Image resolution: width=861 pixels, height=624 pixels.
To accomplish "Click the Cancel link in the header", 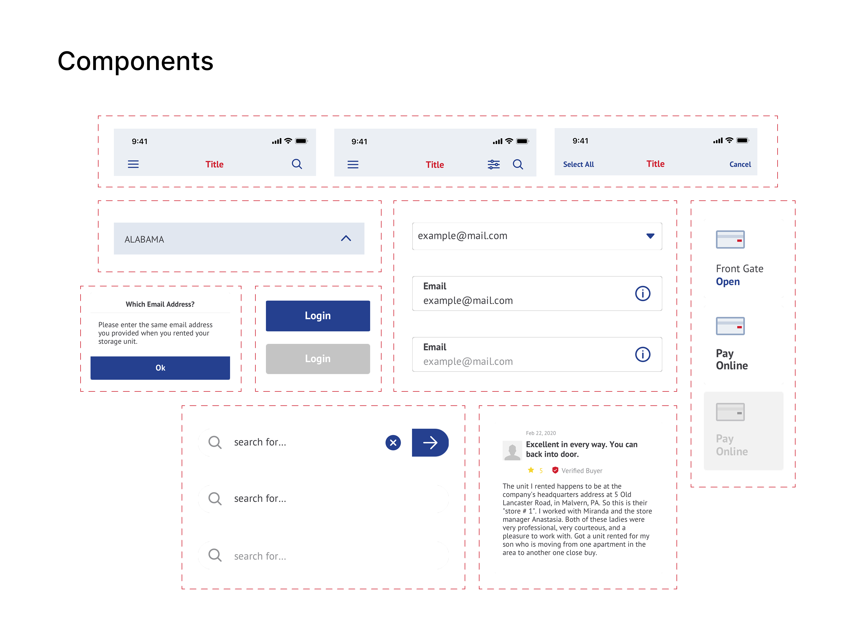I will (739, 164).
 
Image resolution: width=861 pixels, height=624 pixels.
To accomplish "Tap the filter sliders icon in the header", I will (493, 164).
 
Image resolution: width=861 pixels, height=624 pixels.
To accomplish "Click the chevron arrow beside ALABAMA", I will (345, 238).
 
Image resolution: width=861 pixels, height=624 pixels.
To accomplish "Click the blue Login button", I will (317, 315).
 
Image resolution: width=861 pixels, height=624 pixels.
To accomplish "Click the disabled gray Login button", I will (317, 359).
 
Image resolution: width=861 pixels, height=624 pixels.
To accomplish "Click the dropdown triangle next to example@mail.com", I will (650, 236).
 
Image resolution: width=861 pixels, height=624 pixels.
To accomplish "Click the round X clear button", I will (393, 443).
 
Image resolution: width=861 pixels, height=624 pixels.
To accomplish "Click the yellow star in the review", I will (530, 470).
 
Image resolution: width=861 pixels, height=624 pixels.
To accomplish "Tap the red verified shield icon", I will (555, 470).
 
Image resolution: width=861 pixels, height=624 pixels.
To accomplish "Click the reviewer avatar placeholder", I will (512, 451).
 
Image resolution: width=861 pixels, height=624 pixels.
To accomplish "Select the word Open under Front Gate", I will (727, 282).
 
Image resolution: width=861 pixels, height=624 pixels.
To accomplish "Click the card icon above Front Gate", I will (730, 239).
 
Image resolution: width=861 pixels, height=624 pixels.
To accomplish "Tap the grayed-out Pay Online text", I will (731, 445).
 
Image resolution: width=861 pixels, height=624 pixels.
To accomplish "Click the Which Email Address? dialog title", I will (160, 304).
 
